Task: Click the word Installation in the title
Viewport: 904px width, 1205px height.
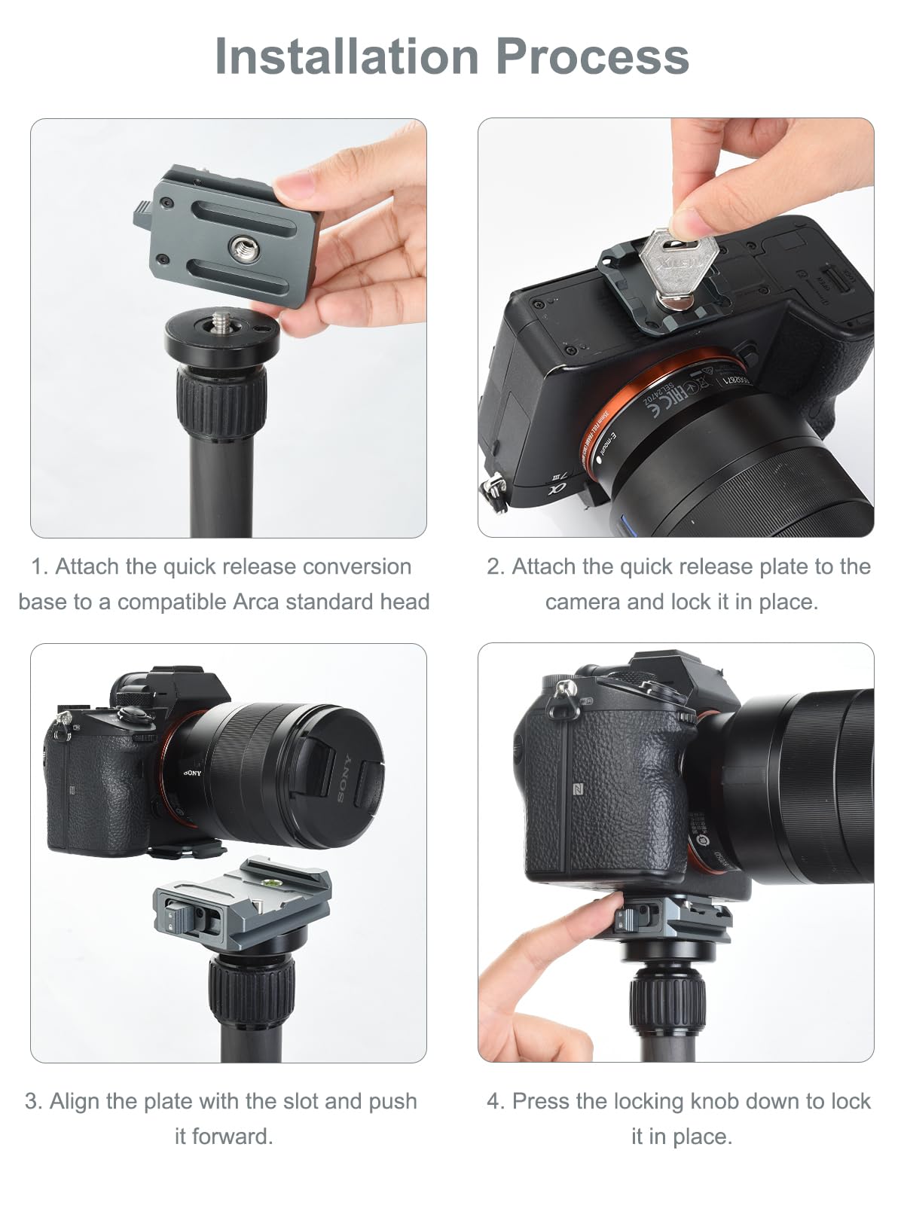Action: tap(347, 56)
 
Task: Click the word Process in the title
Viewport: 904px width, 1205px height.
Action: tap(592, 56)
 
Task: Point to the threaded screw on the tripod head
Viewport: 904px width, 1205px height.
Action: tap(223, 322)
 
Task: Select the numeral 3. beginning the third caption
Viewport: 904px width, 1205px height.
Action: tap(33, 1101)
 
